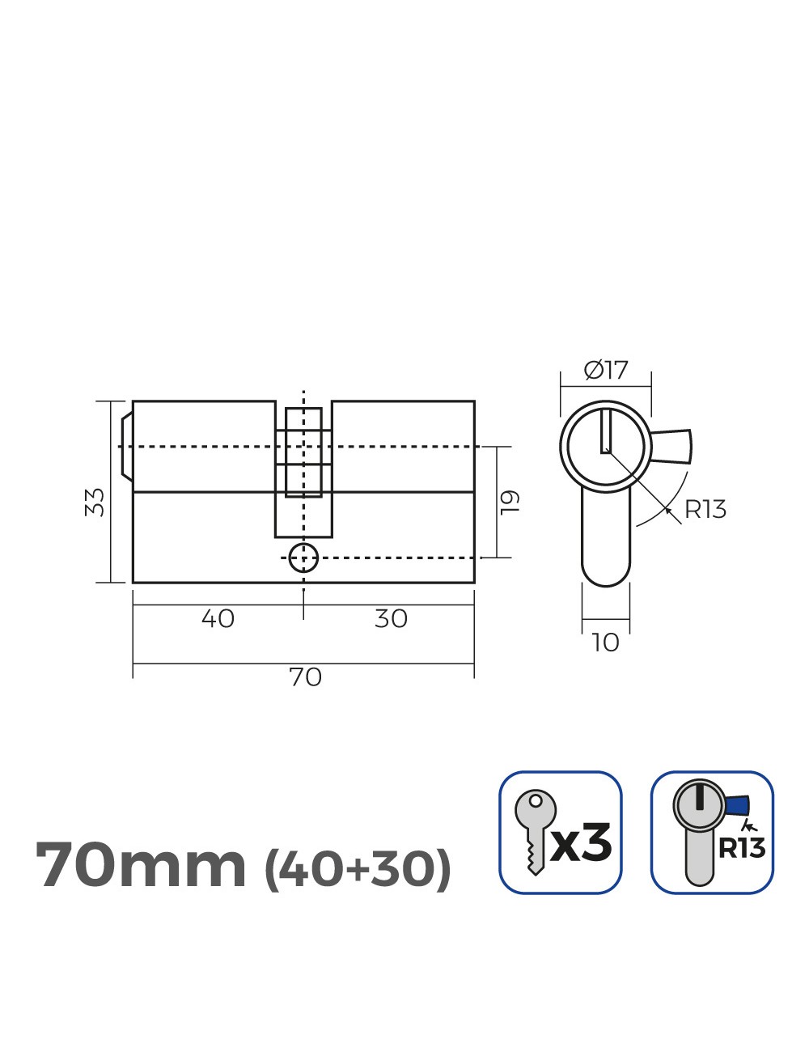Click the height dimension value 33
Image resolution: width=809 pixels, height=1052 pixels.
pyautogui.click(x=95, y=502)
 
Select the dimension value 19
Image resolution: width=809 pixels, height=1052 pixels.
pyautogui.click(x=509, y=502)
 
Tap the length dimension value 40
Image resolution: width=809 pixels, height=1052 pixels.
pyautogui.click(x=218, y=619)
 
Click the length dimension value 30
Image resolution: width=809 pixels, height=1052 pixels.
pyautogui.click(x=391, y=619)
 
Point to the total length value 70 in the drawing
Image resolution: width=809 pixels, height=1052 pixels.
pyautogui.click(x=305, y=677)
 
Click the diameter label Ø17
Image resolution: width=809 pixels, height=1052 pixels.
pyautogui.click(x=606, y=371)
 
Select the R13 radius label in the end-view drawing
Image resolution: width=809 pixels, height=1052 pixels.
pyautogui.click(x=705, y=510)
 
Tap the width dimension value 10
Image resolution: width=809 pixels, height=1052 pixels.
pyautogui.click(x=605, y=643)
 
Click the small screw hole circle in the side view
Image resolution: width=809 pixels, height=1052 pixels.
pyautogui.click(x=303, y=557)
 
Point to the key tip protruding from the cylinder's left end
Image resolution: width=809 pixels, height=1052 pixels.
pyautogui.click(x=125, y=447)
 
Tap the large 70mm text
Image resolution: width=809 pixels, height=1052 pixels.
pyautogui.click(x=142, y=866)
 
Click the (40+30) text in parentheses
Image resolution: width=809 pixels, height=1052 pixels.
pyautogui.click(x=358, y=868)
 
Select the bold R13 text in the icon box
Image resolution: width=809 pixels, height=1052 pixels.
pyautogui.click(x=741, y=848)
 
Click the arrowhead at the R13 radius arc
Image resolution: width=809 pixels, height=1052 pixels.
pyautogui.click(x=666, y=508)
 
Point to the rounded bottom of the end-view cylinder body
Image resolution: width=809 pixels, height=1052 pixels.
pyautogui.click(x=605, y=576)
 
